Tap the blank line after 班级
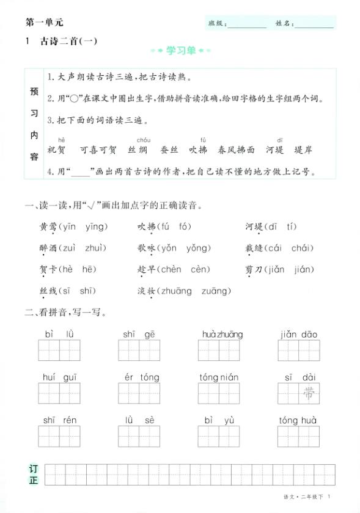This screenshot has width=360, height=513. click(x=247, y=25)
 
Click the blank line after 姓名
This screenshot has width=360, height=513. click(x=314, y=25)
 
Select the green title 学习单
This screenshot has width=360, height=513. click(x=181, y=51)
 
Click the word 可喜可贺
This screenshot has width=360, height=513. click(x=98, y=150)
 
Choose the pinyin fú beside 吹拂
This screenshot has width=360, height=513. click(x=165, y=227)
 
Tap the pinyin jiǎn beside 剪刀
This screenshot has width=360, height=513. click(x=279, y=269)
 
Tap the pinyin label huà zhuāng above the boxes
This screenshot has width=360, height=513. click(x=222, y=334)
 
